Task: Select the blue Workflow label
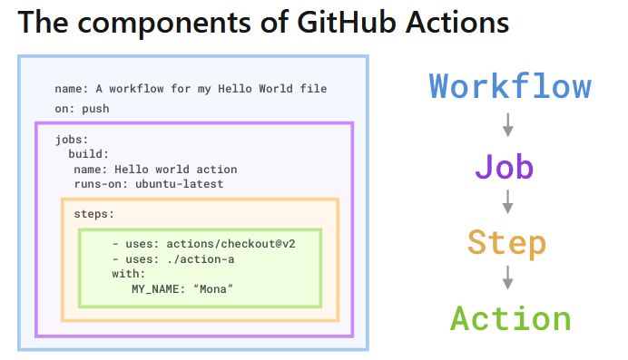510,86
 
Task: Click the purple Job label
504,167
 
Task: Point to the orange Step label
507,242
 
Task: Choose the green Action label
511,318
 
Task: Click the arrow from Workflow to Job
508,124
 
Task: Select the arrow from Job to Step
508,202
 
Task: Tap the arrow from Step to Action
508,278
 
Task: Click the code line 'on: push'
83,108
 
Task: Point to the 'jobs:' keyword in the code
72,140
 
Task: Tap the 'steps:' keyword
94,215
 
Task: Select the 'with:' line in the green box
129,273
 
